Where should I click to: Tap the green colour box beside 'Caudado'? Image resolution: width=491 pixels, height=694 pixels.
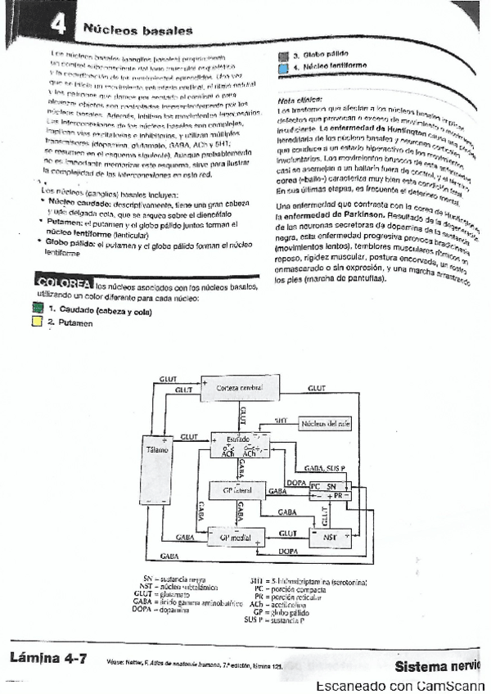(x=36, y=309)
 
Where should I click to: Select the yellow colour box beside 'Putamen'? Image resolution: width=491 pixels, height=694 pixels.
(x=36, y=322)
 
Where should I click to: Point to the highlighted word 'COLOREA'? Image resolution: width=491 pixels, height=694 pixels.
(x=63, y=283)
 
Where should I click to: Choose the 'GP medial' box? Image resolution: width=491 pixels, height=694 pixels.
(x=235, y=537)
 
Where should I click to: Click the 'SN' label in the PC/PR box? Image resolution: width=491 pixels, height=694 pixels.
(x=332, y=486)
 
